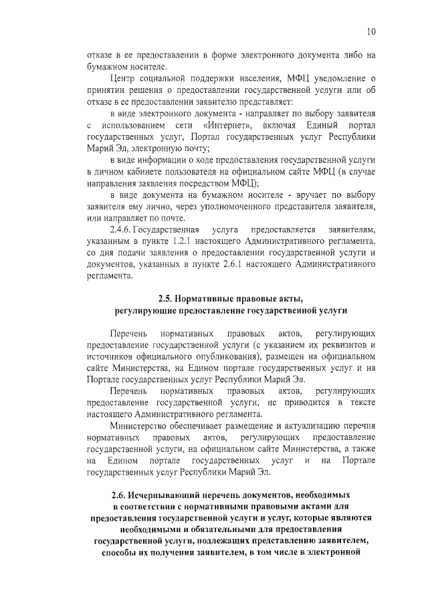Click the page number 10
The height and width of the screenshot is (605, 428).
pyautogui.click(x=371, y=31)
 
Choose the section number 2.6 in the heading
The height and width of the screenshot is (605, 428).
pyautogui.click(x=122, y=495)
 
